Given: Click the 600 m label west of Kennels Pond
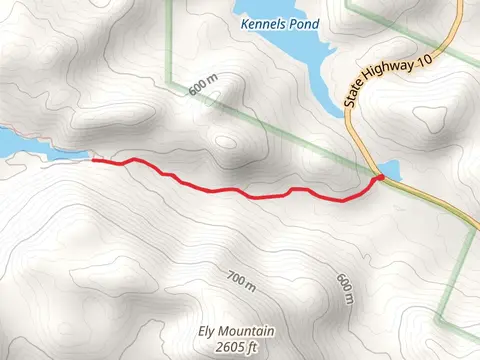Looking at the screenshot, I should [x=202, y=87].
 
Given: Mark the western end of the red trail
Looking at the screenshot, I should [x=94, y=158].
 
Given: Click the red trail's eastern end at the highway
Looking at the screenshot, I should [x=379, y=178].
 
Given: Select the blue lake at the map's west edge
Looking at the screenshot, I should [x=25, y=148].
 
